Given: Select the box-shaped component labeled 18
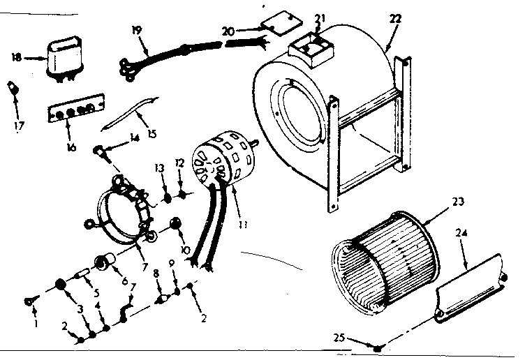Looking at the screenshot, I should click(64, 57).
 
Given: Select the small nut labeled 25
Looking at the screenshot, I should click(378, 347).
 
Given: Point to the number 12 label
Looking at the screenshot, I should click(179, 162).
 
